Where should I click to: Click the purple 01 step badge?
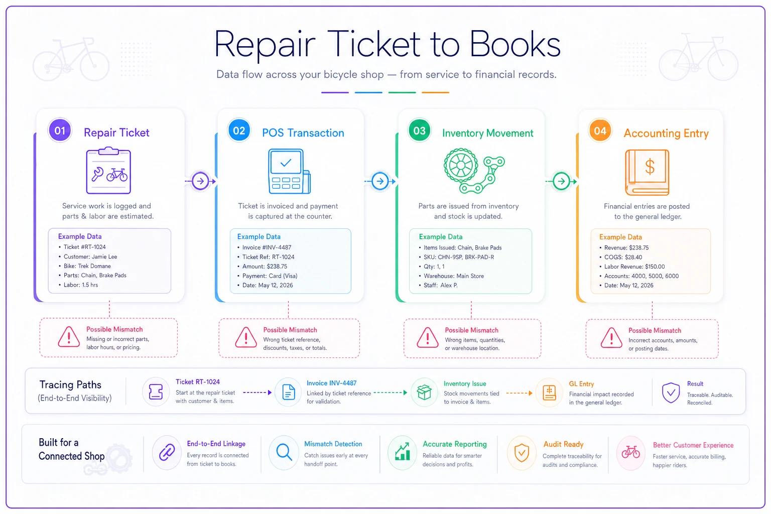60,131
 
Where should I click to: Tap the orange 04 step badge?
600,131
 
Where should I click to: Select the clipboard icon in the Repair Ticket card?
108,170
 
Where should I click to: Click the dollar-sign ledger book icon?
647,172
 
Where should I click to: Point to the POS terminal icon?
289,171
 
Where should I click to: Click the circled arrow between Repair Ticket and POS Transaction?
200,181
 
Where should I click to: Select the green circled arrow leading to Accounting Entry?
561,181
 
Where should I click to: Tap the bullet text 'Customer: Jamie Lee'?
90,256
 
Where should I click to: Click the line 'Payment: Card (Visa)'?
270,276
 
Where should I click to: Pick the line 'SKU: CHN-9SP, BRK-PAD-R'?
459,257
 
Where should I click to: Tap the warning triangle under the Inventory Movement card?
428,338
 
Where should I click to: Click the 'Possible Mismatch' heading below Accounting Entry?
655,330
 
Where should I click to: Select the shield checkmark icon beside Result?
671,393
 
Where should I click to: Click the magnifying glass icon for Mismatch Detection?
284,452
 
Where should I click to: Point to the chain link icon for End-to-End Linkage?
167,452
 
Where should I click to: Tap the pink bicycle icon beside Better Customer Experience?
630,452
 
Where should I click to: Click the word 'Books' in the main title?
515,44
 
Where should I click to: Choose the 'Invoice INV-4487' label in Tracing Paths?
331,383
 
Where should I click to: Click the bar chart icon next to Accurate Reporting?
403,452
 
